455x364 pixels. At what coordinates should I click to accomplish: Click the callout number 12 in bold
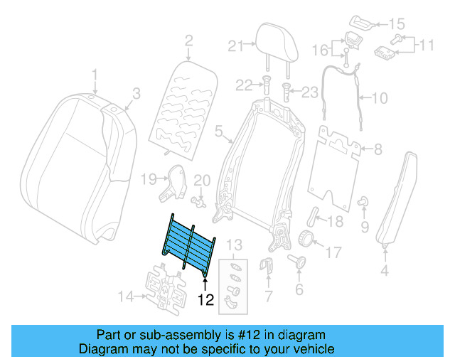tap(206, 300)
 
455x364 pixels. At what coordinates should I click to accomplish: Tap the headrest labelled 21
tap(274, 43)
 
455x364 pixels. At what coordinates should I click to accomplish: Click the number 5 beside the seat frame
tap(218, 130)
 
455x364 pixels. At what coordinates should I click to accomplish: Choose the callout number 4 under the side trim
tap(385, 270)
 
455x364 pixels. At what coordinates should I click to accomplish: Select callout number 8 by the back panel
tap(378, 149)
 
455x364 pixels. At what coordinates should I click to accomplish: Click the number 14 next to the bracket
tap(125, 295)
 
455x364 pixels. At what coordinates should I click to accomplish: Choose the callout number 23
tap(311, 91)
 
